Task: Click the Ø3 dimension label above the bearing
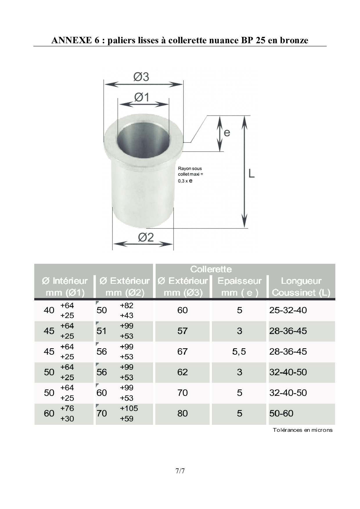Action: (141, 77)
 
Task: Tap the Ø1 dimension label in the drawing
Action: (142, 97)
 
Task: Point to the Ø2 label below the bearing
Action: (146, 237)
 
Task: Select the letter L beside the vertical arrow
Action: (251, 174)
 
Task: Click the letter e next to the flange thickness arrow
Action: (227, 133)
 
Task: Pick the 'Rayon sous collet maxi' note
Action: (190, 174)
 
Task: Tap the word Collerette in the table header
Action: (211, 269)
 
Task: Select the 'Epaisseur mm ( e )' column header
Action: (240, 287)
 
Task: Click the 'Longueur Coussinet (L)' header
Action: (301, 287)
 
